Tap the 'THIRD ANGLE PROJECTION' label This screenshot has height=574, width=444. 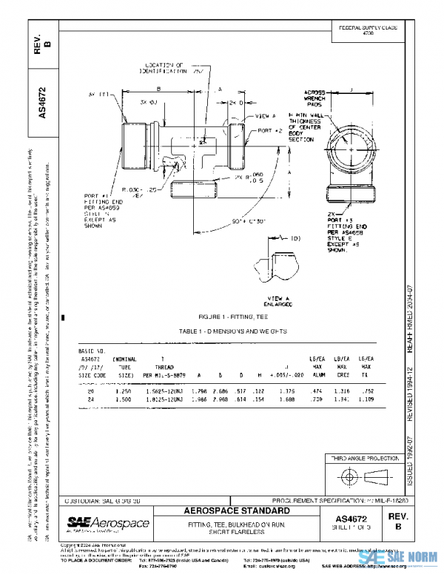[x=362, y=459]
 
